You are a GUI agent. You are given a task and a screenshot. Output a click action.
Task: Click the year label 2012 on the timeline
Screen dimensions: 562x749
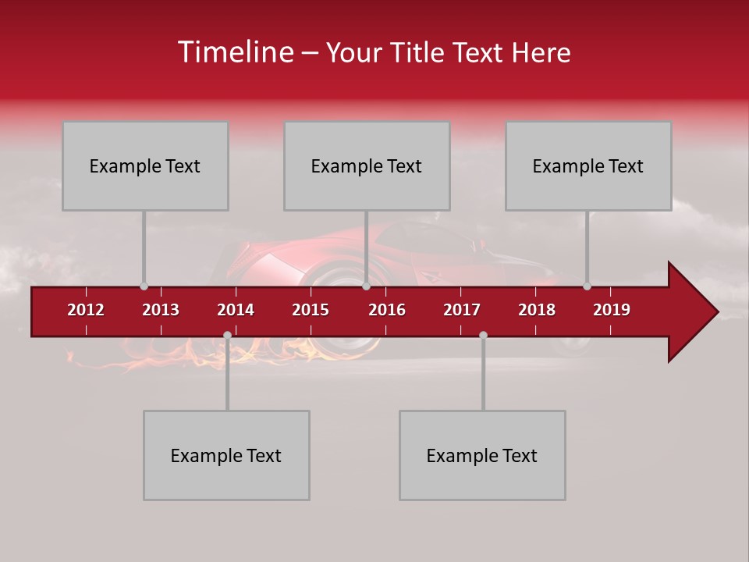(x=86, y=310)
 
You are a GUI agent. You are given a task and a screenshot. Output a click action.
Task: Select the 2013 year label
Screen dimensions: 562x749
(x=161, y=310)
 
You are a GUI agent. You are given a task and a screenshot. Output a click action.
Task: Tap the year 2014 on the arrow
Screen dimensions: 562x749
(x=236, y=310)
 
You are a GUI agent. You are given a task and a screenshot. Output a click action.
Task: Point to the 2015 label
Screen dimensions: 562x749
(x=311, y=310)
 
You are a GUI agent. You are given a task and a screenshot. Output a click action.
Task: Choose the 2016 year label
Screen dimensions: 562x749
(x=387, y=310)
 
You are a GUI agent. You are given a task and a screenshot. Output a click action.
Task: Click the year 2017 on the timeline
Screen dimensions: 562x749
(x=462, y=310)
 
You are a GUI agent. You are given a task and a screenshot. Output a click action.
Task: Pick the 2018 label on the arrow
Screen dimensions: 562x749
(x=537, y=310)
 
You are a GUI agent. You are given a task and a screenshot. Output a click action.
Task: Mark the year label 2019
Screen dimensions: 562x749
(x=612, y=310)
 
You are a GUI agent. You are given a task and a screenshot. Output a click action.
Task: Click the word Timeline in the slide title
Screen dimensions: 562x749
(x=234, y=52)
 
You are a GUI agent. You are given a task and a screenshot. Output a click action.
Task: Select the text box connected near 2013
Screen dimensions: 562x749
(x=145, y=165)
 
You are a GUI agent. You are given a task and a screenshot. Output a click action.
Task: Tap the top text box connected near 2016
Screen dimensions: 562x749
(x=367, y=165)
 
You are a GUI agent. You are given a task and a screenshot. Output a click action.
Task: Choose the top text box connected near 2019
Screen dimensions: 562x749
(x=588, y=165)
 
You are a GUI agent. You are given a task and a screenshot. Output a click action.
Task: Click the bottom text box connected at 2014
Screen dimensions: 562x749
(x=226, y=455)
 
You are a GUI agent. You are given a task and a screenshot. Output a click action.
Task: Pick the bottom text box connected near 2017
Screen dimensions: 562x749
(x=482, y=455)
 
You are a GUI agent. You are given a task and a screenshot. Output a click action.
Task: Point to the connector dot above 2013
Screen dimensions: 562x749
(x=144, y=286)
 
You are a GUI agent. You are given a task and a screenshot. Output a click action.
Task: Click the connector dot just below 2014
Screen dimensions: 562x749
(x=227, y=335)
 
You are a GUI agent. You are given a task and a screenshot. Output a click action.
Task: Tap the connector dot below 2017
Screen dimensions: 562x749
(x=483, y=335)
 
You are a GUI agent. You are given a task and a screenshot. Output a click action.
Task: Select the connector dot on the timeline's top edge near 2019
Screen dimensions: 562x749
(x=587, y=286)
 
